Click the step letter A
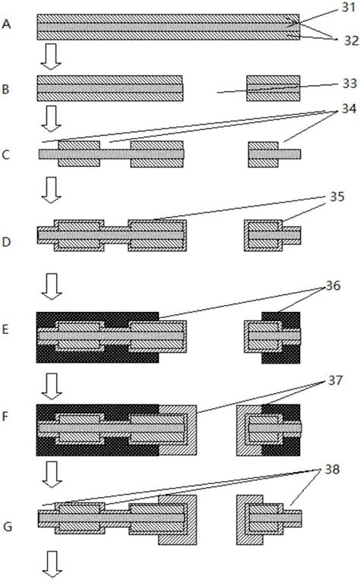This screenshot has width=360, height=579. click(6, 24)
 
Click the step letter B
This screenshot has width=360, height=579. click(5, 90)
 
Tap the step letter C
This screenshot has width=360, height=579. click(6, 155)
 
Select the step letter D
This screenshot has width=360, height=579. click(6, 242)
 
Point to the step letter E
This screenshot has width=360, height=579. click(5, 329)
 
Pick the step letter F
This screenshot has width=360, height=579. click(5, 417)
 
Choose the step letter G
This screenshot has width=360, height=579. click(8, 527)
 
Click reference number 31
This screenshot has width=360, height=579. click(348, 7)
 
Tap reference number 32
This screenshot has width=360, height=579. click(351, 40)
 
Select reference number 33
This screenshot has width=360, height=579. click(349, 83)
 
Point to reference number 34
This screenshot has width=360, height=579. click(349, 109)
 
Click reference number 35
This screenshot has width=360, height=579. click(337, 197)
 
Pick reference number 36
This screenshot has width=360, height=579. click(333, 285)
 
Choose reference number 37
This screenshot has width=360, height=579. click(335, 380)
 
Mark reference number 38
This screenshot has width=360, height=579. click(333, 470)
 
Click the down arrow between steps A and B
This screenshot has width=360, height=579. click(51, 56)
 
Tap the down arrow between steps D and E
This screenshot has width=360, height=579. click(52, 286)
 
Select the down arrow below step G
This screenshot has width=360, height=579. click(52, 565)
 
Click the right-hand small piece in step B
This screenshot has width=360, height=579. click(273, 88)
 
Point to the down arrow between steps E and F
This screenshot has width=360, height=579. click(52, 386)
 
